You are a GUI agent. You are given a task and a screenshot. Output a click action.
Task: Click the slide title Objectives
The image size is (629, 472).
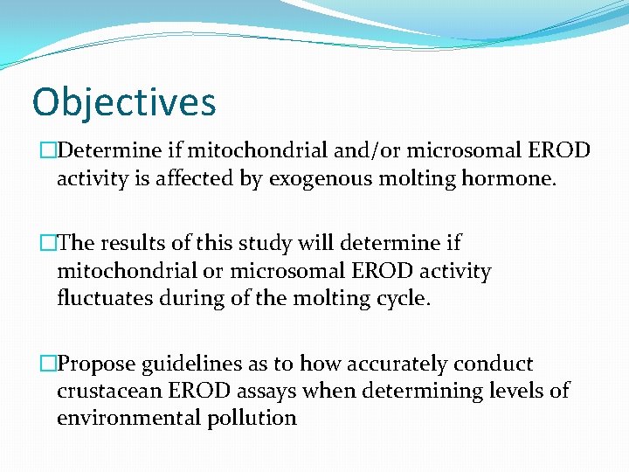pyautogui.click(x=123, y=101)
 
